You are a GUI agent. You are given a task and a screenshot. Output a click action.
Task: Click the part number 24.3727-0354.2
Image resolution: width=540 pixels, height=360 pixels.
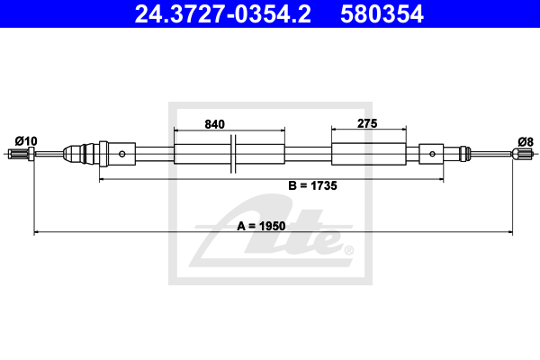(222, 14)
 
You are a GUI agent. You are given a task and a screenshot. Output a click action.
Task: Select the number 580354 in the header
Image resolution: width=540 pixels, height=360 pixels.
(382, 14)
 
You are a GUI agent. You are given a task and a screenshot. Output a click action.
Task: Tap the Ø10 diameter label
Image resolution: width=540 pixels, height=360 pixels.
(26, 141)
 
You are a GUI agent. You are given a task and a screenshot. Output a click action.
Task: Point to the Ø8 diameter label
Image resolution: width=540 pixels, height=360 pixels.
(526, 141)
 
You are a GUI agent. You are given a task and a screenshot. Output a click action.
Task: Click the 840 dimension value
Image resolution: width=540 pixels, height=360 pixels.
(214, 124)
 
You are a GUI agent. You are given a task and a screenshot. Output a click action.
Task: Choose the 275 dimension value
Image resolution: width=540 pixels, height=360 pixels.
(367, 123)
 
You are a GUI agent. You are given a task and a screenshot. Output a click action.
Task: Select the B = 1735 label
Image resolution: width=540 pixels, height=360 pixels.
(312, 185)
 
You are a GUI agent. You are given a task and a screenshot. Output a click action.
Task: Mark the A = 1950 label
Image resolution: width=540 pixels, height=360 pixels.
(261, 226)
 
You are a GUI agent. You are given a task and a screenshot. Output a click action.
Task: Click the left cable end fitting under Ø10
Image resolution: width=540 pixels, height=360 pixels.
(21, 154)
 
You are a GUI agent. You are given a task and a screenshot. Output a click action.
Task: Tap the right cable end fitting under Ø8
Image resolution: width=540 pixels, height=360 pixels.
(522, 154)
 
